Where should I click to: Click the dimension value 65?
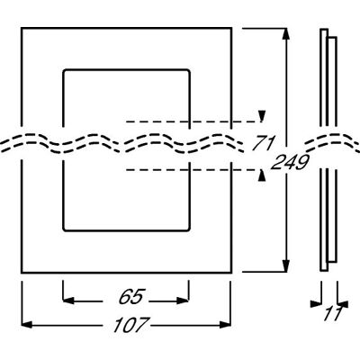[132, 296]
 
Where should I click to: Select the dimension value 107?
[130, 324]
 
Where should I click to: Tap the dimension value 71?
[263, 143]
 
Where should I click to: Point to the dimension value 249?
[290, 162]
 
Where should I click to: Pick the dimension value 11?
[332, 313]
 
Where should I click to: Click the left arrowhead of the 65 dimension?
[68, 301]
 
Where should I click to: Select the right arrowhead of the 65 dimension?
[183, 301]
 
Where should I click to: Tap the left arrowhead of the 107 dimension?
[27, 324]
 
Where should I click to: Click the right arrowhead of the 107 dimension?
[225, 324]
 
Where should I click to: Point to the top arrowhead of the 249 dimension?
[286, 34]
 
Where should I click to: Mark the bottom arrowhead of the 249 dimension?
[286, 266]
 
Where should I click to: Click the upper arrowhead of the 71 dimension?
[263, 116]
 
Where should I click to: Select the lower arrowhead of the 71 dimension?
[263, 175]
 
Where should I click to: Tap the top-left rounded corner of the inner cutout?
[65, 71]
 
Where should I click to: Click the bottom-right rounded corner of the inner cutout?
[188, 229]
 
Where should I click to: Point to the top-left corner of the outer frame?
[22, 29]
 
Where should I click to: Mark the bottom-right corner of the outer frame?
[231, 273]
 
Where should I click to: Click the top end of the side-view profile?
[324, 29]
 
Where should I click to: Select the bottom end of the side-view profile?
[324, 270]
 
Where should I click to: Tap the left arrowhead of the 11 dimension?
[316, 303]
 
